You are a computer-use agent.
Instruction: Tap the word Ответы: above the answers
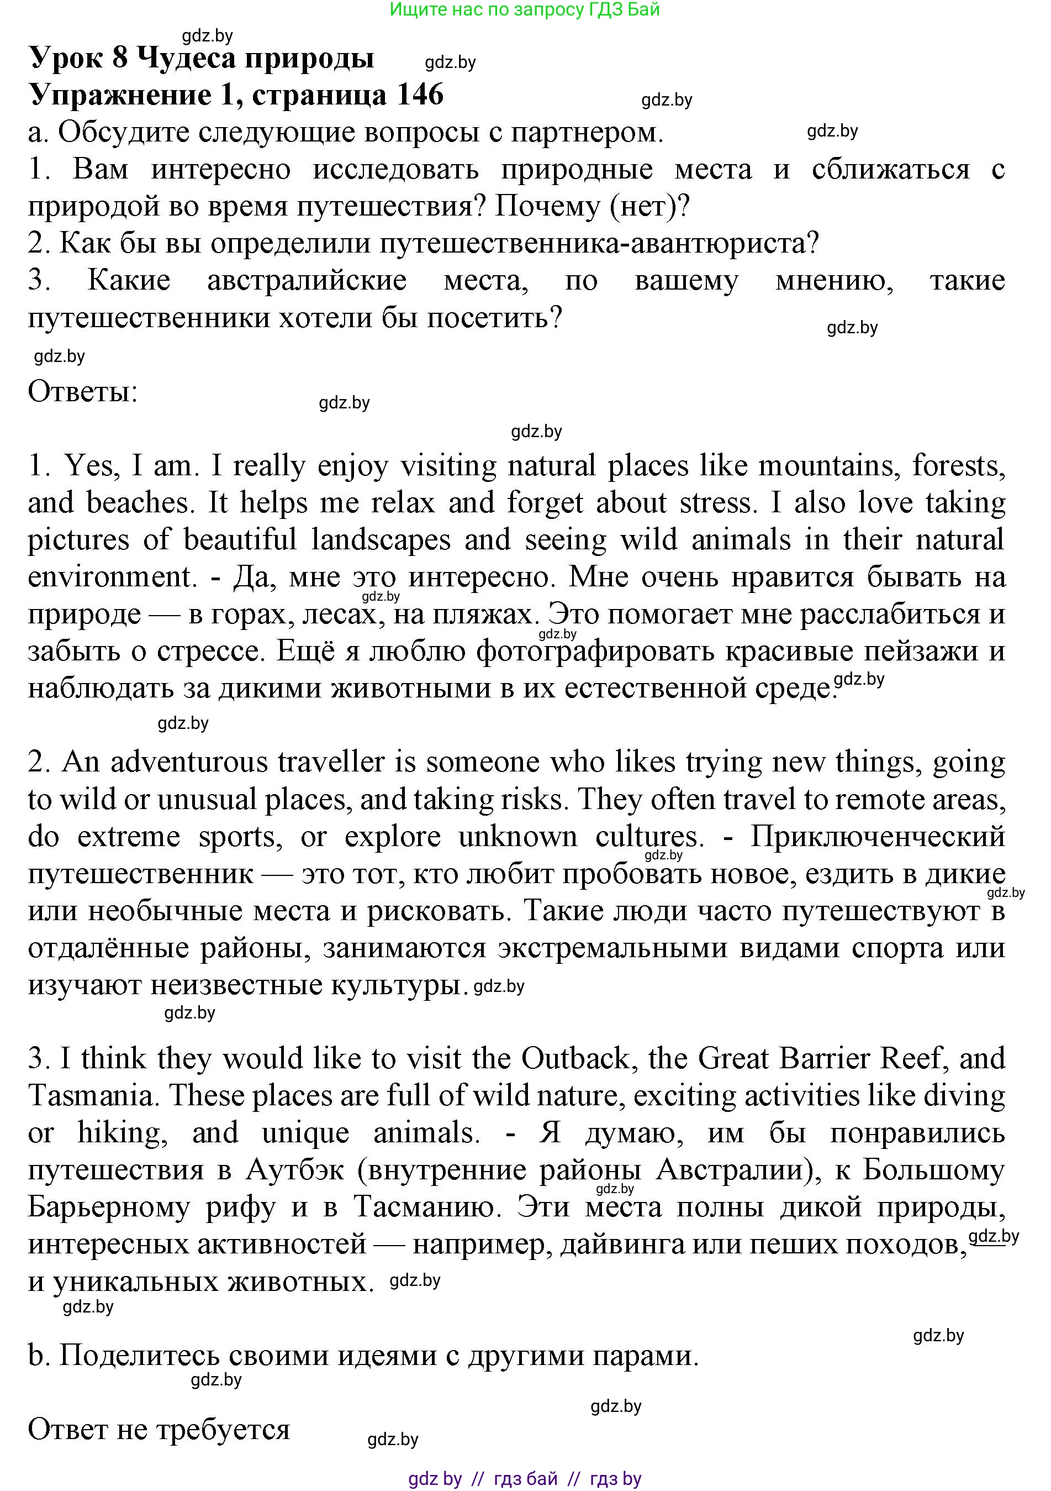click(82, 392)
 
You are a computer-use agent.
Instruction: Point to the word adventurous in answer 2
click(189, 763)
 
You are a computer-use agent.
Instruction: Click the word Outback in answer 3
click(575, 1059)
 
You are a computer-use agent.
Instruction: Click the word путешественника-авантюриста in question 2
click(598, 244)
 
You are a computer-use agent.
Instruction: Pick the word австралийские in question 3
click(307, 281)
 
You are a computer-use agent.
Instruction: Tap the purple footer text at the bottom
click(525, 1479)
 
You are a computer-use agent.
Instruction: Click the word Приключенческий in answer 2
click(878, 837)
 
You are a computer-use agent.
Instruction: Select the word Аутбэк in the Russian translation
click(295, 1170)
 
